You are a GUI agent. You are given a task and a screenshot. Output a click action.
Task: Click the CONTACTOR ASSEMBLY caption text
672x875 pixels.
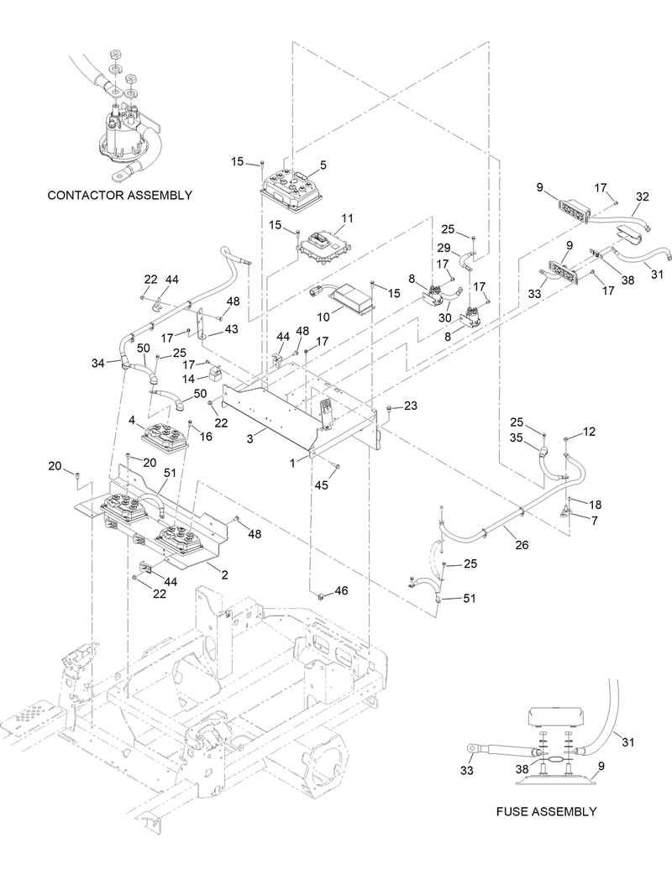click(119, 195)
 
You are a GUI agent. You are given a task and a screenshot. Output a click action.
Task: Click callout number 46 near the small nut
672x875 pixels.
click(342, 592)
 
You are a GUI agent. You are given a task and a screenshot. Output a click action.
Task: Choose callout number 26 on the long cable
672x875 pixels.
click(522, 545)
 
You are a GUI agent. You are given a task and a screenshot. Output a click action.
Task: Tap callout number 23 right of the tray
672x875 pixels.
click(410, 405)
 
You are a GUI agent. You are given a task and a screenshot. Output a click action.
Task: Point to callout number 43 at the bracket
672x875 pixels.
click(231, 328)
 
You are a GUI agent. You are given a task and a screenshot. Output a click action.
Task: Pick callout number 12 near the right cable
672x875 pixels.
click(589, 432)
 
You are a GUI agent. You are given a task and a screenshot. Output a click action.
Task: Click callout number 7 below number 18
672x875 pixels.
click(595, 522)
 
